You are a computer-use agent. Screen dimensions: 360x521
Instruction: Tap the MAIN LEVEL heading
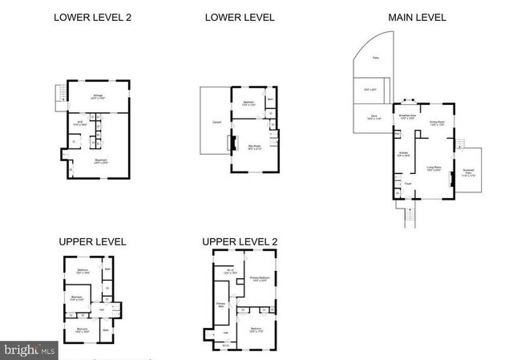click(418, 17)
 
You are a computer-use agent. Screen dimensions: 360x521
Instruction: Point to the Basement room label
click(101, 160)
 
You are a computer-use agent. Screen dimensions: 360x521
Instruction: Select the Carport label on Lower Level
click(216, 122)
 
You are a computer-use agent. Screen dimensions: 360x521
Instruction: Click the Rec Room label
click(253, 124)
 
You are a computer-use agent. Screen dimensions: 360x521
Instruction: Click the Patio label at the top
click(376, 58)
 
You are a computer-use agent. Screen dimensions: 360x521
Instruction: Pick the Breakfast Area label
click(406, 117)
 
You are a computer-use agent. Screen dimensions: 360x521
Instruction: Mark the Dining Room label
click(437, 123)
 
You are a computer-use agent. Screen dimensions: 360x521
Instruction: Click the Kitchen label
click(404, 153)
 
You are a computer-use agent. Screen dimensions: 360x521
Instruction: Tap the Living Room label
click(434, 168)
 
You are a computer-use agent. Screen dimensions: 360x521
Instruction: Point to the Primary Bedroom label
click(259, 279)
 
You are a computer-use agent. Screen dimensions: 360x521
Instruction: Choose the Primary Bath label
click(220, 305)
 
